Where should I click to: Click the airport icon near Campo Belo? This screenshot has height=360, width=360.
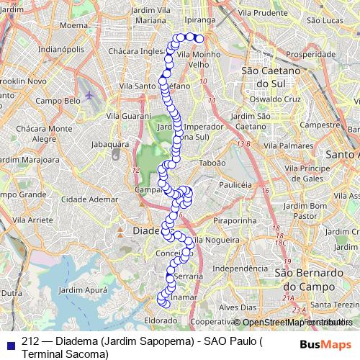tap(89, 94)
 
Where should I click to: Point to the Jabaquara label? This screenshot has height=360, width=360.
tap(109, 144)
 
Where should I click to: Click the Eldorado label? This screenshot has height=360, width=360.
tap(161, 320)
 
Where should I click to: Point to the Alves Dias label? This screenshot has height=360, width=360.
tap(238, 307)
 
